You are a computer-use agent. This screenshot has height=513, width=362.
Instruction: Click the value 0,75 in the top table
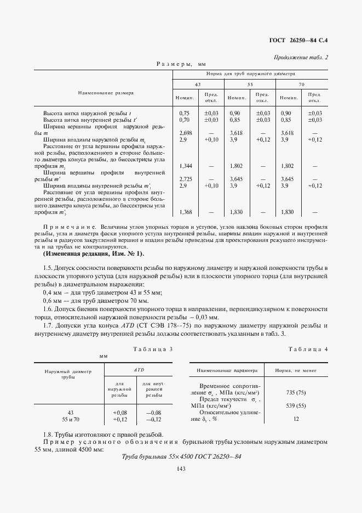tap(184, 112)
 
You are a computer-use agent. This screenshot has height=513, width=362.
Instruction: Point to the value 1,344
tap(186, 165)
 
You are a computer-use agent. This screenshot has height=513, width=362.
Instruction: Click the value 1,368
tap(186, 212)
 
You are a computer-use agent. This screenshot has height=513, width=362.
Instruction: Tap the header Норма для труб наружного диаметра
tap(250, 73)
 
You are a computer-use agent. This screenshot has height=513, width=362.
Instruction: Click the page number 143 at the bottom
tap(181, 467)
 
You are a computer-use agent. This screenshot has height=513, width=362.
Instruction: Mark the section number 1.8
tap(49, 434)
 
